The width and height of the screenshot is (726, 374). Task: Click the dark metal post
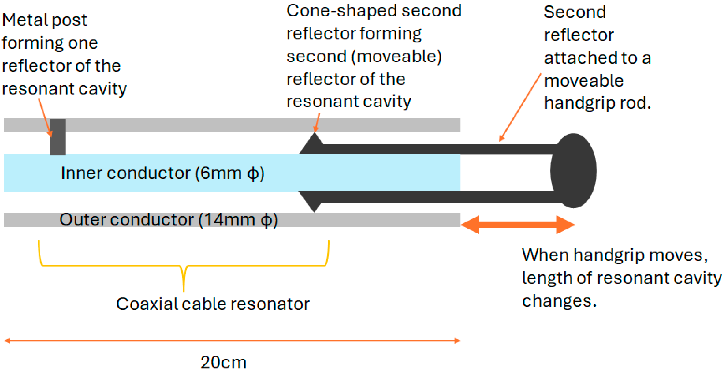point(58,137)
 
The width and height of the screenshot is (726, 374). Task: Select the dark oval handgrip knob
point(573,171)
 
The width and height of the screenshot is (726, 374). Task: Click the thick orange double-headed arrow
point(518,225)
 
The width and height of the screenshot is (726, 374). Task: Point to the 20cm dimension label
point(223,362)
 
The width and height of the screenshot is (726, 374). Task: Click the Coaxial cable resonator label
point(213,304)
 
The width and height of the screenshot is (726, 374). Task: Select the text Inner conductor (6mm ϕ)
point(162,173)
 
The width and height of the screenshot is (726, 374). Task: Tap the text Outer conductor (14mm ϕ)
point(169,220)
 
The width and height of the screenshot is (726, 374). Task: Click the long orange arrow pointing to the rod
point(520,107)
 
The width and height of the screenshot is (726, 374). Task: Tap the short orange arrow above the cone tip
point(317,123)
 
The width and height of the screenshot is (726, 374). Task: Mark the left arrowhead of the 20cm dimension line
point(8,341)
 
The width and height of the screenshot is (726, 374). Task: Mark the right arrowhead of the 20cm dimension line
point(457,341)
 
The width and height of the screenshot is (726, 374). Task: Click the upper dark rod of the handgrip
point(439,149)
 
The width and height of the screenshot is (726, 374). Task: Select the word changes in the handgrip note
point(559,301)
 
